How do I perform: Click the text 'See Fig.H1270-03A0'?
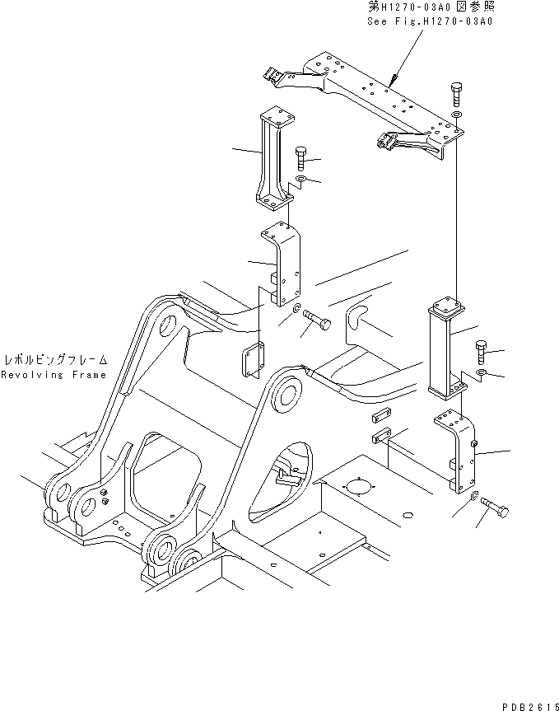[x=430, y=21]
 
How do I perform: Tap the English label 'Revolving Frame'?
[x=54, y=375]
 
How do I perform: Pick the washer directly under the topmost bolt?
[x=458, y=114]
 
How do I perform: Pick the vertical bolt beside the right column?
[x=482, y=353]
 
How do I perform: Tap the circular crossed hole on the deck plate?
[x=356, y=486]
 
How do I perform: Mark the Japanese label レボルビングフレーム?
[x=54, y=360]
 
